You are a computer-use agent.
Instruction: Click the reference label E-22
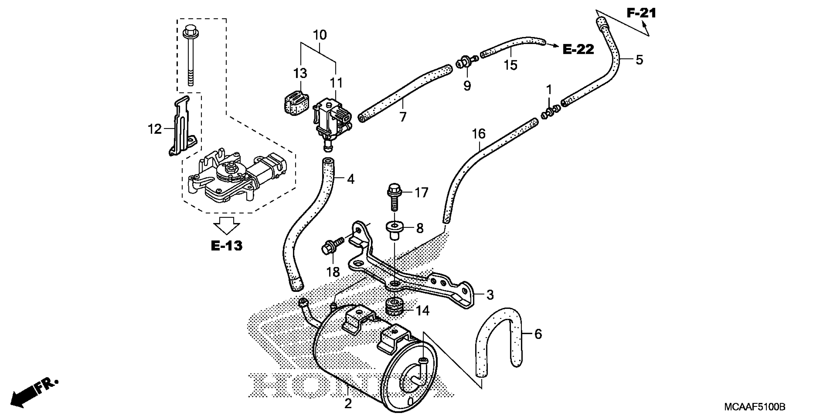point(578,49)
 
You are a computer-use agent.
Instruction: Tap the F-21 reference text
point(641,13)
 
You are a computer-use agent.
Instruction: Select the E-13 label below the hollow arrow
point(227,246)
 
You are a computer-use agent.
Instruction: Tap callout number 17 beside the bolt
point(421,193)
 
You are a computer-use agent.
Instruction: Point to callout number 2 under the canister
point(348,404)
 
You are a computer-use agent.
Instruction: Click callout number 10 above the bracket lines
point(320,35)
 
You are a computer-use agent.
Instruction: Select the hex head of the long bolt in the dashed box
point(190,32)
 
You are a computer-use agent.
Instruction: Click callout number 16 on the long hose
point(479,134)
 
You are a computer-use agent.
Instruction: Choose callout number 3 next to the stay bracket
point(490,295)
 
